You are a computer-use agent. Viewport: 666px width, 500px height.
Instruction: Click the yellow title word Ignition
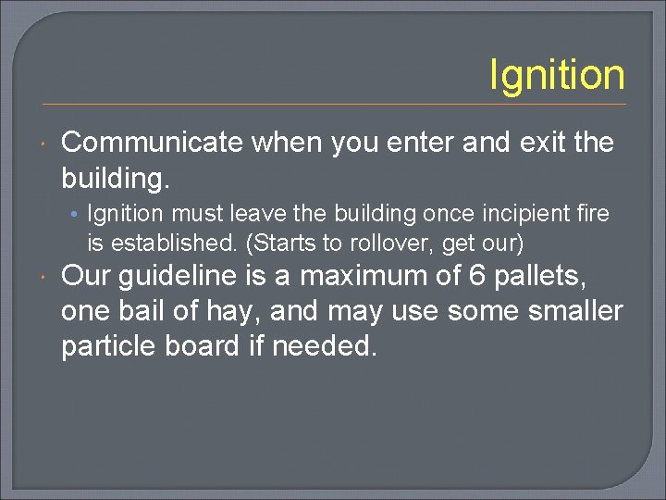pyautogui.click(x=557, y=75)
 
